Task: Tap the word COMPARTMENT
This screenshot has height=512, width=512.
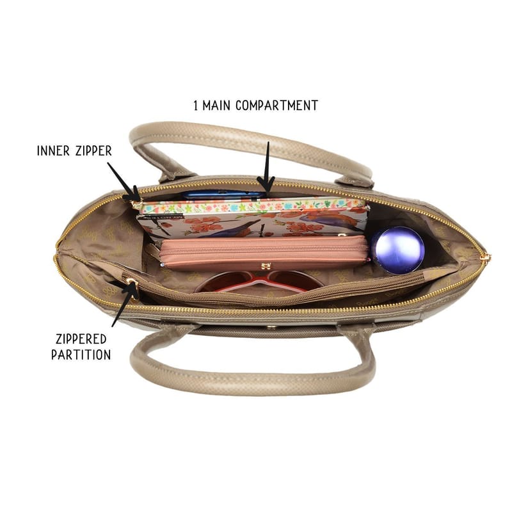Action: click(x=276, y=106)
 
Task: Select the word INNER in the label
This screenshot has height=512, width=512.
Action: click(x=53, y=151)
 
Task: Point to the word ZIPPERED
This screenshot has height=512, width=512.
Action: click(x=81, y=339)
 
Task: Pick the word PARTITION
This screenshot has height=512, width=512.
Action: click(x=81, y=355)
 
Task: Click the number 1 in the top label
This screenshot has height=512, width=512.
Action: click(x=196, y=106)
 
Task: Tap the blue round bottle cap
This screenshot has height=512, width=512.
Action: click(x=397, y=250)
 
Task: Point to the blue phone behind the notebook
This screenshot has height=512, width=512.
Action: click(x=224, y=195)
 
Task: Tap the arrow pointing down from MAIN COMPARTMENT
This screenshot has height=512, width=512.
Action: click(x=267, y=169)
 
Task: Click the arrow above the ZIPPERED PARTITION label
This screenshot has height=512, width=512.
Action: click(x=124, y=302)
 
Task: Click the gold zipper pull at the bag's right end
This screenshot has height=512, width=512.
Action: click(x=486, y=258)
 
